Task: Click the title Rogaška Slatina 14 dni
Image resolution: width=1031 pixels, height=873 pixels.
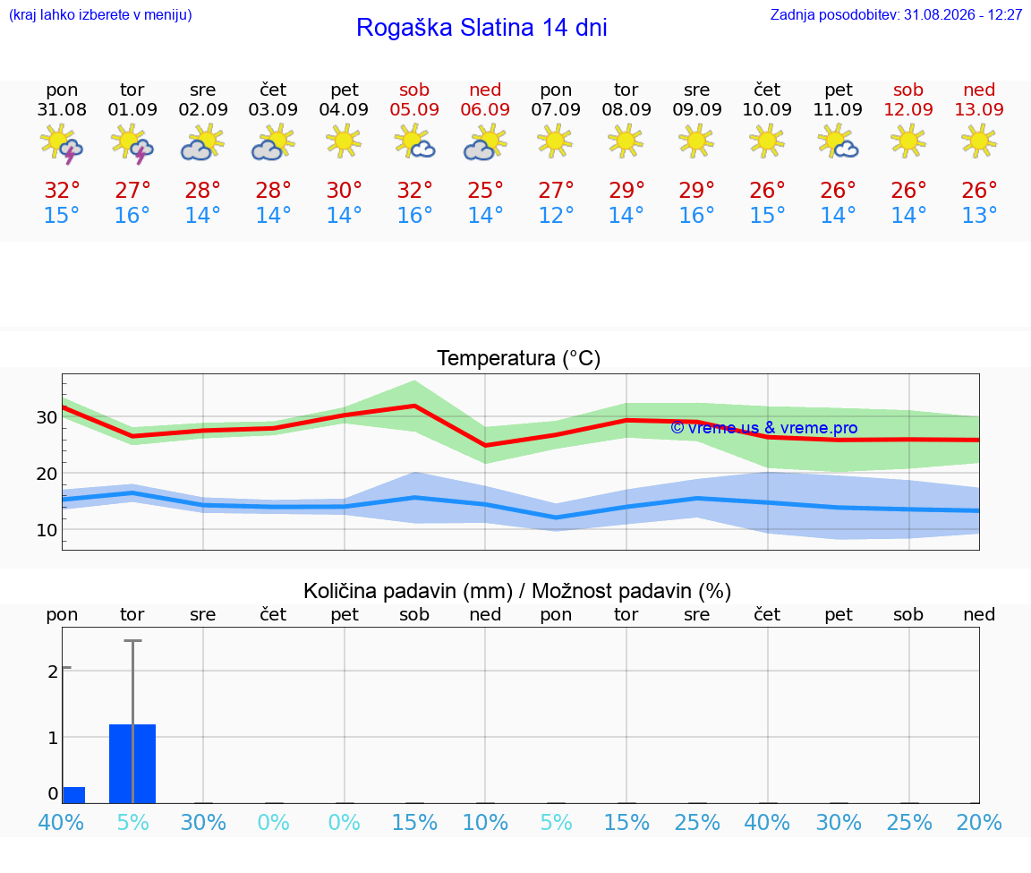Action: click(x=481, y=28)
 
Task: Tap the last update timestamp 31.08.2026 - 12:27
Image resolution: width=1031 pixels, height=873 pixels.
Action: click(x=963, y=14)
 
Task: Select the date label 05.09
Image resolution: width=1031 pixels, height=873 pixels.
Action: click(x=414, y=109)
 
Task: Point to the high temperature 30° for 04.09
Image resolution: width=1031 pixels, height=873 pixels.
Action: click(x=345, y=190)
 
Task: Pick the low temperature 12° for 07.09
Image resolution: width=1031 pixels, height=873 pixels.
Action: click(x=557, y=215)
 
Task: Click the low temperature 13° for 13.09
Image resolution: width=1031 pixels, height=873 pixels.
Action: click(x=979, y=215)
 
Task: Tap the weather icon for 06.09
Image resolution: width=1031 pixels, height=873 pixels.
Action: click(x=485, y=143)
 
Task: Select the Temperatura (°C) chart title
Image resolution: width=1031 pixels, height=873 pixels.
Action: click(x=519, y=358)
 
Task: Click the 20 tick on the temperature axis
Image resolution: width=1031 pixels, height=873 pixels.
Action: click(x=46, y=474)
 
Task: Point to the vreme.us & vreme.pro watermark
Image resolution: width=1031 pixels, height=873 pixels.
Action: click(x=764, y=428)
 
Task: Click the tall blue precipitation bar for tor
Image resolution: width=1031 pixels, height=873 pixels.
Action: click(x=132, y=764)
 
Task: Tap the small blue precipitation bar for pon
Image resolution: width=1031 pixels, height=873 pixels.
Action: click(x=73, y=795)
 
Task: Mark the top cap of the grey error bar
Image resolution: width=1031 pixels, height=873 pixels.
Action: click(x=132, y=640)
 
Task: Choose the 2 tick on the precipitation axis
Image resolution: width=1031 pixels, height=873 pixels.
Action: click(x=53, y=672)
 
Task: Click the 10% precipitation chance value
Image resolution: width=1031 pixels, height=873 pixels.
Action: click(x=485, y=822)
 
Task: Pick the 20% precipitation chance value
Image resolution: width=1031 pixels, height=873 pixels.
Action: click(x=979, y=822)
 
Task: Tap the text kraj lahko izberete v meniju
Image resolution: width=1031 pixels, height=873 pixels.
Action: click(x=100, y=14)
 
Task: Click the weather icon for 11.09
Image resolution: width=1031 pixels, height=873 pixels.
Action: click(x=839, y=143)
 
